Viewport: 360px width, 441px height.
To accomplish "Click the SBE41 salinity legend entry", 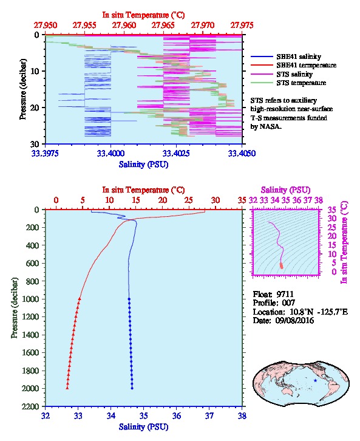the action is [286, 56].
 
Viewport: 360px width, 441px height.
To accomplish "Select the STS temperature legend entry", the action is [288, 83].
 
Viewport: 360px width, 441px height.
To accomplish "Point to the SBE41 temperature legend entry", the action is [294, 65].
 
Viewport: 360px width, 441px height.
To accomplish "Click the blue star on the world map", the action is [315, 380].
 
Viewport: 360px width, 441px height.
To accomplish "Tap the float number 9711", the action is [285, 294].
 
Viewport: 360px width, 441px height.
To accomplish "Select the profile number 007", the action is [288, 303].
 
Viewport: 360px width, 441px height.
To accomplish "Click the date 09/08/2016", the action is [294, 320].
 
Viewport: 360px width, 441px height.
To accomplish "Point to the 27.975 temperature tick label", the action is [242, 26].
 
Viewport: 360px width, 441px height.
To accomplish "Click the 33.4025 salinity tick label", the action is [176, 154].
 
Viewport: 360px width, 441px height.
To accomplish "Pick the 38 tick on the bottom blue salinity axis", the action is [242, 415].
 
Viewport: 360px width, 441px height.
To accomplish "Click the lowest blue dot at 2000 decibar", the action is [132, 388].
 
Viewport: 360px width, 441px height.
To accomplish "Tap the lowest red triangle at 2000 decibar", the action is [67, 388].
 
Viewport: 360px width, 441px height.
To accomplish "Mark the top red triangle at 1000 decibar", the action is [80, 299].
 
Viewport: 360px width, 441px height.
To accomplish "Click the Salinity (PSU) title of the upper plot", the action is [144, 164].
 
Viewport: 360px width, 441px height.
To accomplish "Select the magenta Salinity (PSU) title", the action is [285, 190].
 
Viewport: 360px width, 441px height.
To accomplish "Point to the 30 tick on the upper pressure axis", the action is [35, 144].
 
